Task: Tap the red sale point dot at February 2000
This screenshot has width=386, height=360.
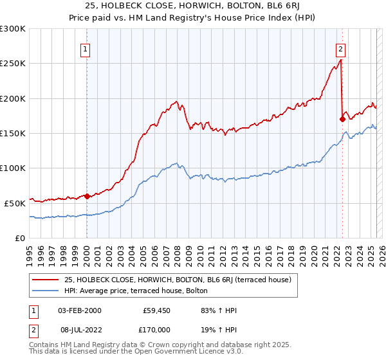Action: tap(87, 196)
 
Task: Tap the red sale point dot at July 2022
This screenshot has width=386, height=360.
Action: tap(342, 119)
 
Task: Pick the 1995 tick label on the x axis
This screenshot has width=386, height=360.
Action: tap(30, 251)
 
